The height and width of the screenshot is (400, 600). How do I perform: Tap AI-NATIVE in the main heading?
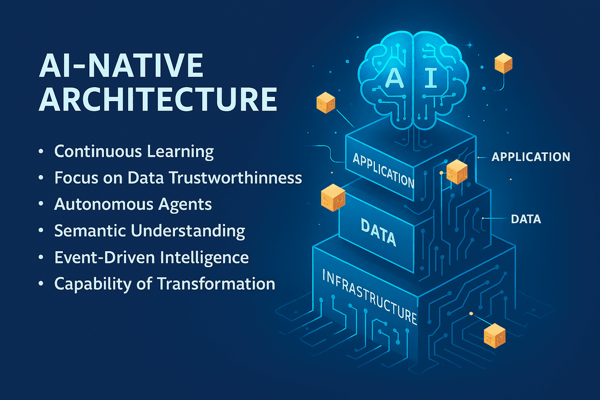click(x=121, y=66)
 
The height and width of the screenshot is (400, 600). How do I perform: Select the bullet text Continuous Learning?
click(x=134, y=151)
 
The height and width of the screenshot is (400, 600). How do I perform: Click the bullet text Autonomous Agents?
click(x=133, y=204)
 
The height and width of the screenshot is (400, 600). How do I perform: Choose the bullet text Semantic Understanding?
click(x=149, y=231)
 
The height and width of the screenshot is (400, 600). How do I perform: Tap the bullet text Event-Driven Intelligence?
click(x=151, y=257)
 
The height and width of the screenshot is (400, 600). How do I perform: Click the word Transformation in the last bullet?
click(x=216, y=283)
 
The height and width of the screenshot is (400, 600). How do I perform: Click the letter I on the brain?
click(x=432, y=78)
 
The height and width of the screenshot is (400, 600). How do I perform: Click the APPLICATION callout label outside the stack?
click(x=531, y=157)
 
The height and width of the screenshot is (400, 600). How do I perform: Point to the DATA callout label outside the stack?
click(x=525, y=219)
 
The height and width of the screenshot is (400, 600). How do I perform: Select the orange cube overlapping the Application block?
click(x=457, y=171)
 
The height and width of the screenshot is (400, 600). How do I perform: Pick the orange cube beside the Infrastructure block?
click(x=494, y=336)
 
